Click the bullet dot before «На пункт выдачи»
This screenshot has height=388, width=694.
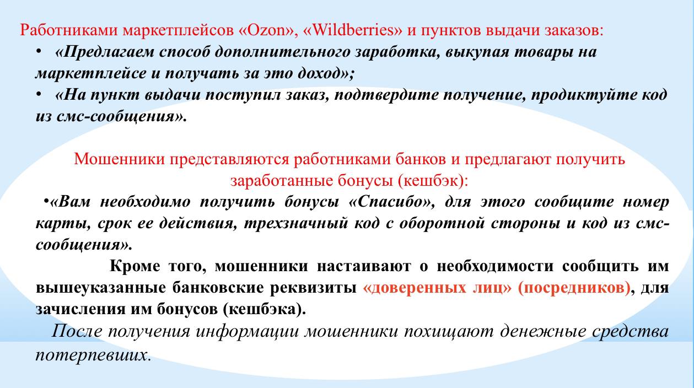coord(39,94)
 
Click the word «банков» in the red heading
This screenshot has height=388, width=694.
coord(421,159)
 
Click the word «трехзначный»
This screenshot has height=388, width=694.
coord(296,224)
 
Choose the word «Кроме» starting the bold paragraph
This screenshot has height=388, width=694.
coord(135,266)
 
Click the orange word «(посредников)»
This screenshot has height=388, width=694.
coord(574,288)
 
